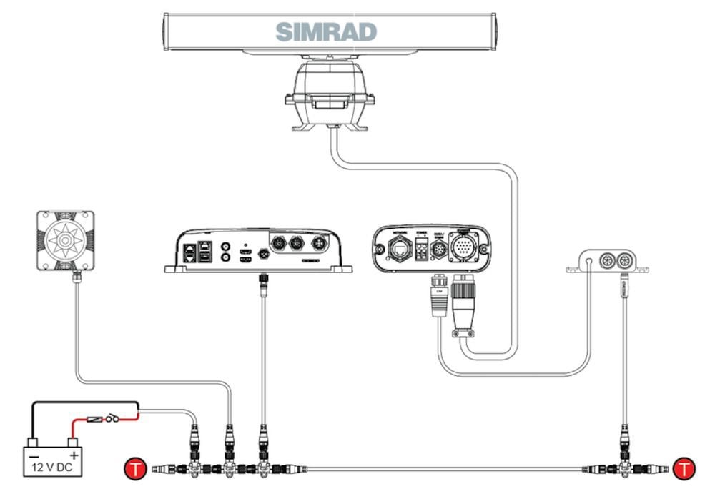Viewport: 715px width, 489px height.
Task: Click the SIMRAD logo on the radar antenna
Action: click(326, 31)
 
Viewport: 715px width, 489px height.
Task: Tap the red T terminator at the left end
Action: click(134, 469)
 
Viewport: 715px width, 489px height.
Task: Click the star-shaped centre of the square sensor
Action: click(66, 240)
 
